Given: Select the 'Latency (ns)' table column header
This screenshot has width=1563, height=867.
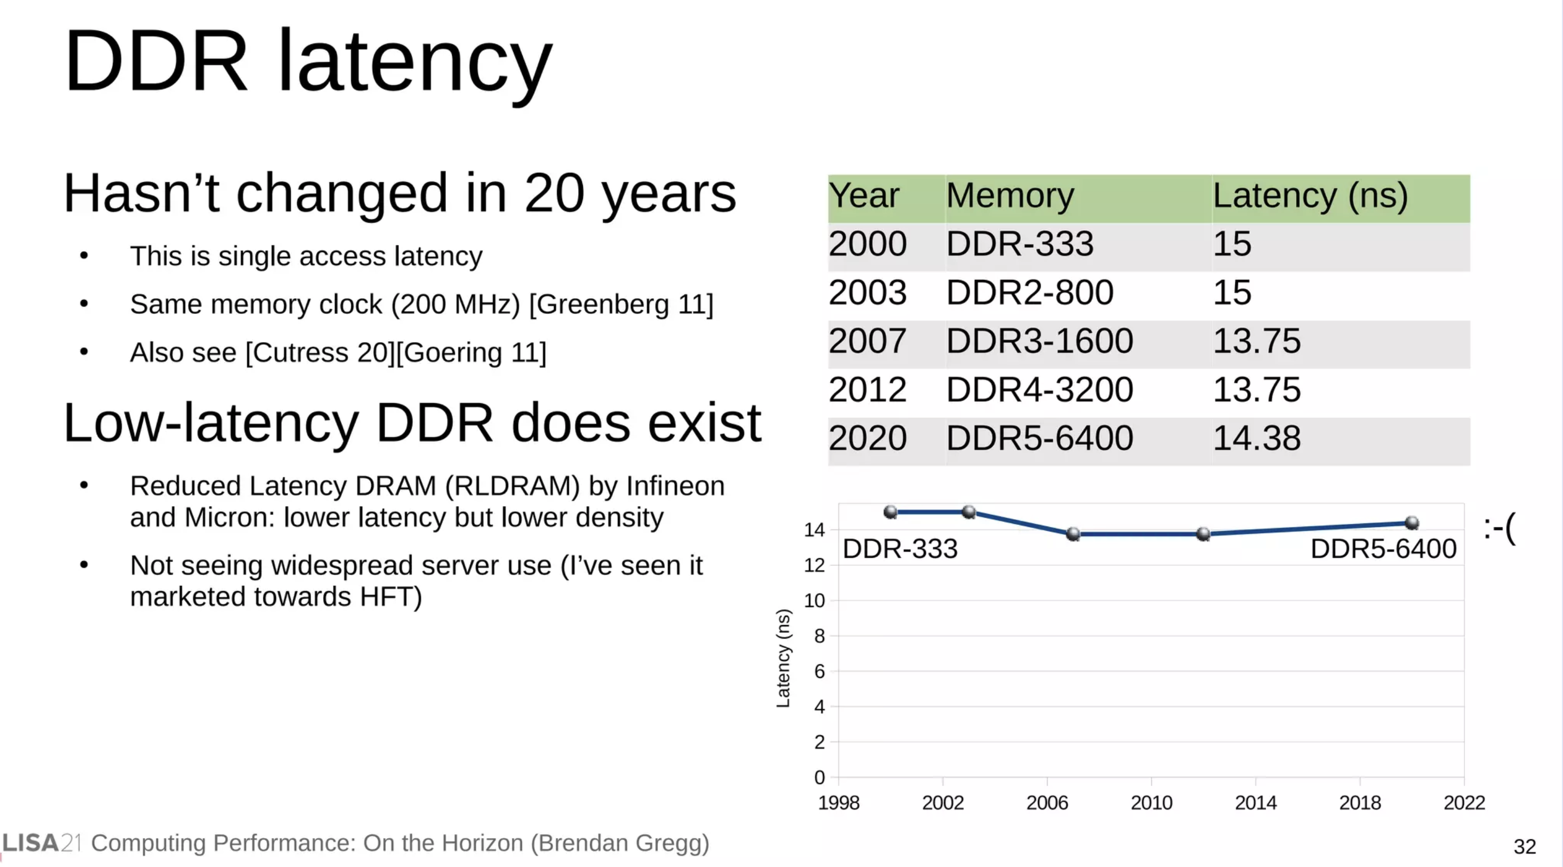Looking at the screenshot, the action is coord(1310,196).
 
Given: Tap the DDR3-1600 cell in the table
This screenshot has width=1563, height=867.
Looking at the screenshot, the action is coord(1039,341).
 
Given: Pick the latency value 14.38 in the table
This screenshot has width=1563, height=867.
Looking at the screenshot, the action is coord(1257,438).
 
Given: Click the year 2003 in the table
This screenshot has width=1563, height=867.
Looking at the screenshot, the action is coord(868,292).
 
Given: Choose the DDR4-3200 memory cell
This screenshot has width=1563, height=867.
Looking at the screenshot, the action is coord(1039,389).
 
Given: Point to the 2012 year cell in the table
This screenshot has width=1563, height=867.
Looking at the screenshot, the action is coord(868,389).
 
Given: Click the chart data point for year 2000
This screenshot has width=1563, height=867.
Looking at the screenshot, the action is coord(891,512).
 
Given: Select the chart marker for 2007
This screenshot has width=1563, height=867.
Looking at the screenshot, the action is coord(1073,534).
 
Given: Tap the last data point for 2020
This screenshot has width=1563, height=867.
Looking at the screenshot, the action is coord(1412,523).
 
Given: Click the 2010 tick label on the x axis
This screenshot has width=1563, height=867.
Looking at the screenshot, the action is coord(1152,803).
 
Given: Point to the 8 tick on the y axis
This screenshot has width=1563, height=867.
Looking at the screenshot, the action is coord(820,636).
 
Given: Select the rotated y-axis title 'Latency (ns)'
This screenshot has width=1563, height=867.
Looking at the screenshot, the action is coord(783,659).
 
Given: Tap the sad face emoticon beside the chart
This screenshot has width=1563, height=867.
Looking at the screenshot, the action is coord(1499,529).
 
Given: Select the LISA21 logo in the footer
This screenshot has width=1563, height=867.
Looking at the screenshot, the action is coord(41,843).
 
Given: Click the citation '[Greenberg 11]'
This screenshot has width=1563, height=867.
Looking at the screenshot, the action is coord(622,304).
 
